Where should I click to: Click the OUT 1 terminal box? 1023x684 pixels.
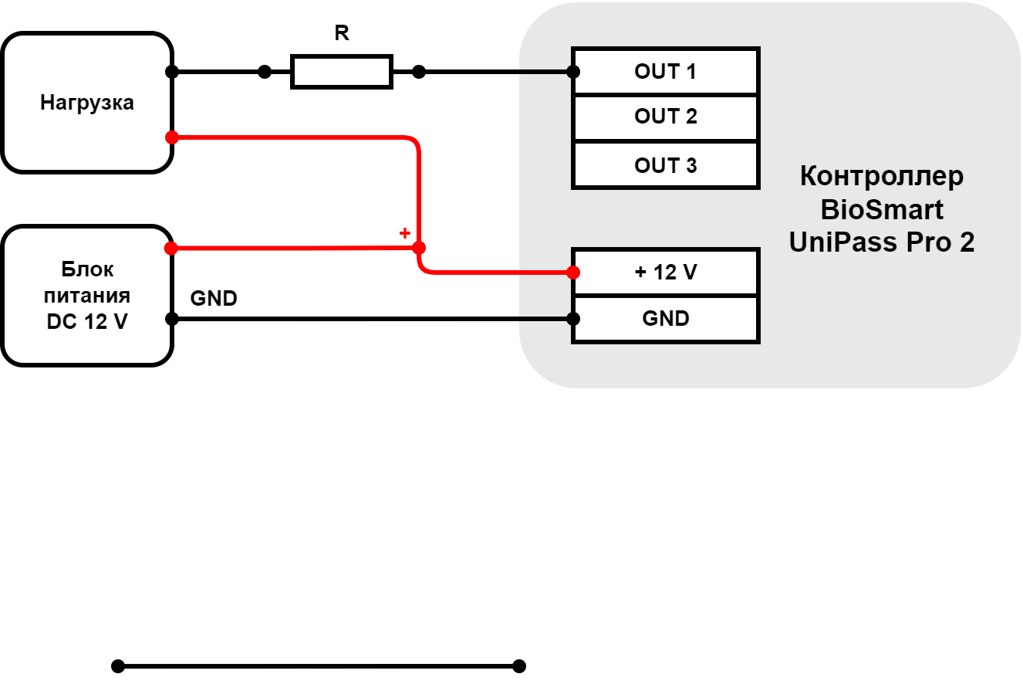(665, 71)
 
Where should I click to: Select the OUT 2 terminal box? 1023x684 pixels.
(665, 117)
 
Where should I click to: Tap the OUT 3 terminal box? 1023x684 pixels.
(665, 164)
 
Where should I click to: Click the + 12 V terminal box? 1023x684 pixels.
(665, 273)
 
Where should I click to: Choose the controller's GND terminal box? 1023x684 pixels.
(665, 319)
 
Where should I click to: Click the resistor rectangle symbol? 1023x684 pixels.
(342, 72)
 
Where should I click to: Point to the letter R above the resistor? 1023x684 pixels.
(342, 33)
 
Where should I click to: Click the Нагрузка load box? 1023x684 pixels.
(87, 103)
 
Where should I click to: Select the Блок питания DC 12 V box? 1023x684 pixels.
(87, 296)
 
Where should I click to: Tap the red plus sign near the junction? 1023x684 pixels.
(404, 233)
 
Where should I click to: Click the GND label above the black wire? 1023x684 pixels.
(214, 298)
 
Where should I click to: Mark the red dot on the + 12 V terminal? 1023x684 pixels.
(573, 273)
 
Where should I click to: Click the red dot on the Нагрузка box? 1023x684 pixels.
(172, 137)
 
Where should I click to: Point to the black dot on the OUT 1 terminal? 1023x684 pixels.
(573, 72)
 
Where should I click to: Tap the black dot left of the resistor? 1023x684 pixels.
(265, 72)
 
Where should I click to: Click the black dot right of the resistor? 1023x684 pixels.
(419, 72)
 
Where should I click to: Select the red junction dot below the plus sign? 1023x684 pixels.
(419, 248)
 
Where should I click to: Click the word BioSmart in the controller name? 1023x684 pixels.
(882, 210)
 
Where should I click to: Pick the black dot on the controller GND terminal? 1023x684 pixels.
(573, 319)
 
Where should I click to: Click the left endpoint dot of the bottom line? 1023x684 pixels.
(118, 666)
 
